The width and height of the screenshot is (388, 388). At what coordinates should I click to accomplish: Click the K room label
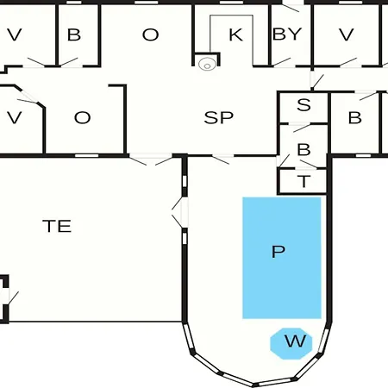[x=236, y=34]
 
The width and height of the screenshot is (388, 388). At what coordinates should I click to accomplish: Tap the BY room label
[x=287, y=34]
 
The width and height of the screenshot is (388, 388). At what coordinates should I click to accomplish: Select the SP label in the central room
[x=218, y=117]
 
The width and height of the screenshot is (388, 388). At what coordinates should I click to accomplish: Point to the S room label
[x=304, y=105]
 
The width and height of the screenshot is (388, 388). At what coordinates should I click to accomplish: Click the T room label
[x=304, y=181]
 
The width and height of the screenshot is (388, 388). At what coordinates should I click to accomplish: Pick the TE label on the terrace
[x=57, y=226]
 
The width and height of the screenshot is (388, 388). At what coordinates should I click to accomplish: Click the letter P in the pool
[x=278, y=252]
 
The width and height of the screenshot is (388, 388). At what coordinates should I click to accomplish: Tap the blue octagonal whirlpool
[x=291, y=343]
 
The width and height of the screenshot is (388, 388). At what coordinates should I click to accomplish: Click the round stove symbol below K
[x=207, y=65]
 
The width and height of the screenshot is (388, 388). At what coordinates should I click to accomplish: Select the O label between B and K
[x=150, y=34]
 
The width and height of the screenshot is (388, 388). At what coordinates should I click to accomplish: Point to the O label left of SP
[x=83, y=117]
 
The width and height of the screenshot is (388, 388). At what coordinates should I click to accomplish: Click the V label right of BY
[x=347, y=34]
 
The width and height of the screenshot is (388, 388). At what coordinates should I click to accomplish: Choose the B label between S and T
[x=304, y=149]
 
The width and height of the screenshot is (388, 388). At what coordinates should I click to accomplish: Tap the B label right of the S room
[x=355, y=117]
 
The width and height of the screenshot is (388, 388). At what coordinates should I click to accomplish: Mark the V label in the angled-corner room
[x=15, y=117]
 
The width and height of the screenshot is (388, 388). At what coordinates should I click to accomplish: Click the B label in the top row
[x=74, y=34]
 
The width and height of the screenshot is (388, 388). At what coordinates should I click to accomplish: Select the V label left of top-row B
[x=15, y=34]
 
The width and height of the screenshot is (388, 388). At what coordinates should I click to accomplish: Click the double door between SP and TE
[x=151, y=160]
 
